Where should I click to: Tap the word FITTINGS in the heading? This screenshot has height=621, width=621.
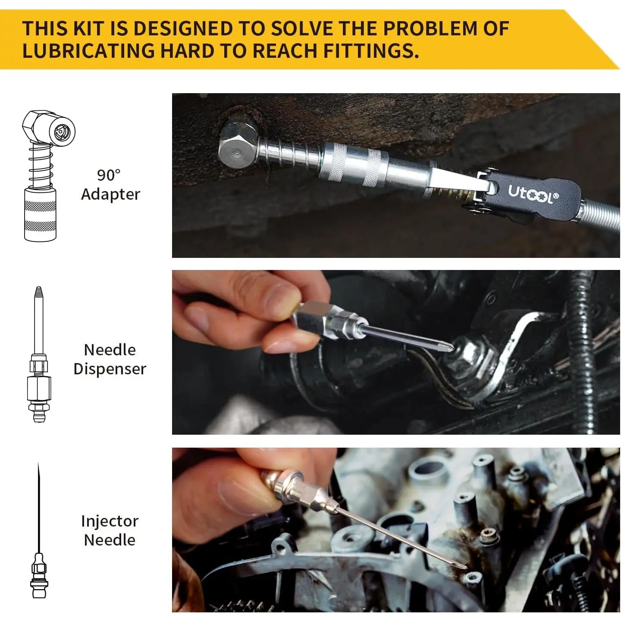click(x=370, y=51)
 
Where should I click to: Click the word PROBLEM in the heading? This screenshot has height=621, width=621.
click(x=430, y=28)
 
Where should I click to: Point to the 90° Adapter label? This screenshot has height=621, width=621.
click(x=110, y=185)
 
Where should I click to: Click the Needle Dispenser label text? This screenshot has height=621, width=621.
click(x=110, y=359)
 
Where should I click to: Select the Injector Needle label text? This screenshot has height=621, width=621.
click(x=110, y=530)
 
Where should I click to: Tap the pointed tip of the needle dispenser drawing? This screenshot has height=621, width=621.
click(x=39, y=288)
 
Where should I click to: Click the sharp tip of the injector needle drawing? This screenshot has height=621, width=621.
click(x=38, y=464)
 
